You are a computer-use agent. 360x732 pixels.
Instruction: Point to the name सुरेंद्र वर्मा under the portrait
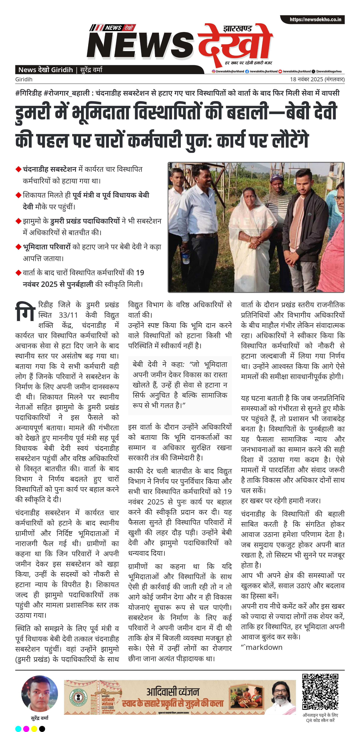coord(40,718)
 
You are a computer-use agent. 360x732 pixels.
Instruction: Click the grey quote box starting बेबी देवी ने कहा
coord(180,385)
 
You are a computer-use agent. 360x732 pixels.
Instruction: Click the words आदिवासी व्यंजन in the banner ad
coord(173,691)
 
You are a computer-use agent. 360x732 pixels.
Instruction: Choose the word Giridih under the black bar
coord(24,79)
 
